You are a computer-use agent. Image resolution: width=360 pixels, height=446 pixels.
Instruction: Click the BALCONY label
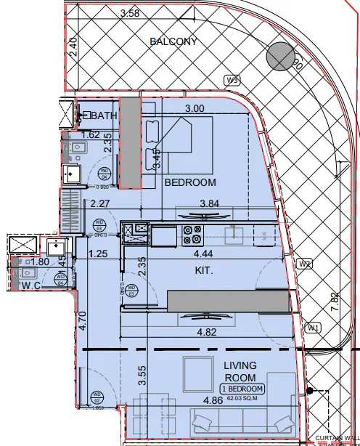coord(173,41)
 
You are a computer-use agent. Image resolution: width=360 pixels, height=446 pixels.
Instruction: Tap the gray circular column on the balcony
coord(278,57)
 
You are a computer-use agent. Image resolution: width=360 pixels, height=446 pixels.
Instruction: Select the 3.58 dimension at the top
coord(130,13)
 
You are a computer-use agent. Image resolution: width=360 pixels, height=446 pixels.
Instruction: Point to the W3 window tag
coord(232,80)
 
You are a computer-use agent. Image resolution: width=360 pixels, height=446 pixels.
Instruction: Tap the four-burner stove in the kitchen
coord(194,235)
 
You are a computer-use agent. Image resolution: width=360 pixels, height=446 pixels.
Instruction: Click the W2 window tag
coord(306,264)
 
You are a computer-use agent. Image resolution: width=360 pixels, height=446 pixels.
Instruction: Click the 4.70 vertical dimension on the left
coord(82,320)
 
